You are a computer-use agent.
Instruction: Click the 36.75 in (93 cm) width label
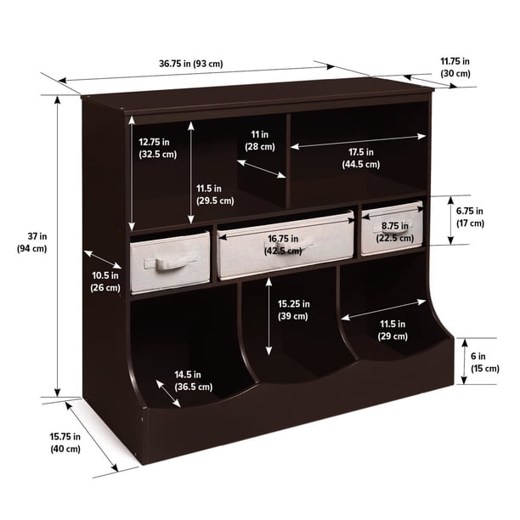(190, 64)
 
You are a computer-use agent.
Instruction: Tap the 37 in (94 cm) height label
(32, 242)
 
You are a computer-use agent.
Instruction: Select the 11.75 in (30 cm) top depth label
(455, 67)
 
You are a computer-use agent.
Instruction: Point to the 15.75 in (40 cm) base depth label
(65, 443)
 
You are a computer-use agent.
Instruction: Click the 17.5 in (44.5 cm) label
(361, 158)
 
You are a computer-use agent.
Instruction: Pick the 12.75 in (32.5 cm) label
(157, 148)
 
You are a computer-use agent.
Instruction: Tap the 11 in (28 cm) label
(260, 140)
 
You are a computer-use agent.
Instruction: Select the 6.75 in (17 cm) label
(470, 217)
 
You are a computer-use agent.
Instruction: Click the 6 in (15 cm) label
(485, 362)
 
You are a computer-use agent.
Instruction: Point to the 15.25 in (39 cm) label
(293, 310)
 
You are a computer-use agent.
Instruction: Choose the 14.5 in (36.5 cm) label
(194, 381)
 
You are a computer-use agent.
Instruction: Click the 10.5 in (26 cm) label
(105, 281)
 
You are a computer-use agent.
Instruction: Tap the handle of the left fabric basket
(169, 263)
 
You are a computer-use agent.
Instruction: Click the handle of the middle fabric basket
(289, 246)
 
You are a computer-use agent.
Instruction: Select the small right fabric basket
(392, 229)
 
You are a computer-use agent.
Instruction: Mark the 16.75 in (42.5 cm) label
(283, 245)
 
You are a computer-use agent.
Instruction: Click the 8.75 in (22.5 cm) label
(394, 232)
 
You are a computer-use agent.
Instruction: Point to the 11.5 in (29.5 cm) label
(215, 195)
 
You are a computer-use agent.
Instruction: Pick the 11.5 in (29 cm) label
(393, 330)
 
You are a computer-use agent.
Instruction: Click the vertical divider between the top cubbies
(288, 161)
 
